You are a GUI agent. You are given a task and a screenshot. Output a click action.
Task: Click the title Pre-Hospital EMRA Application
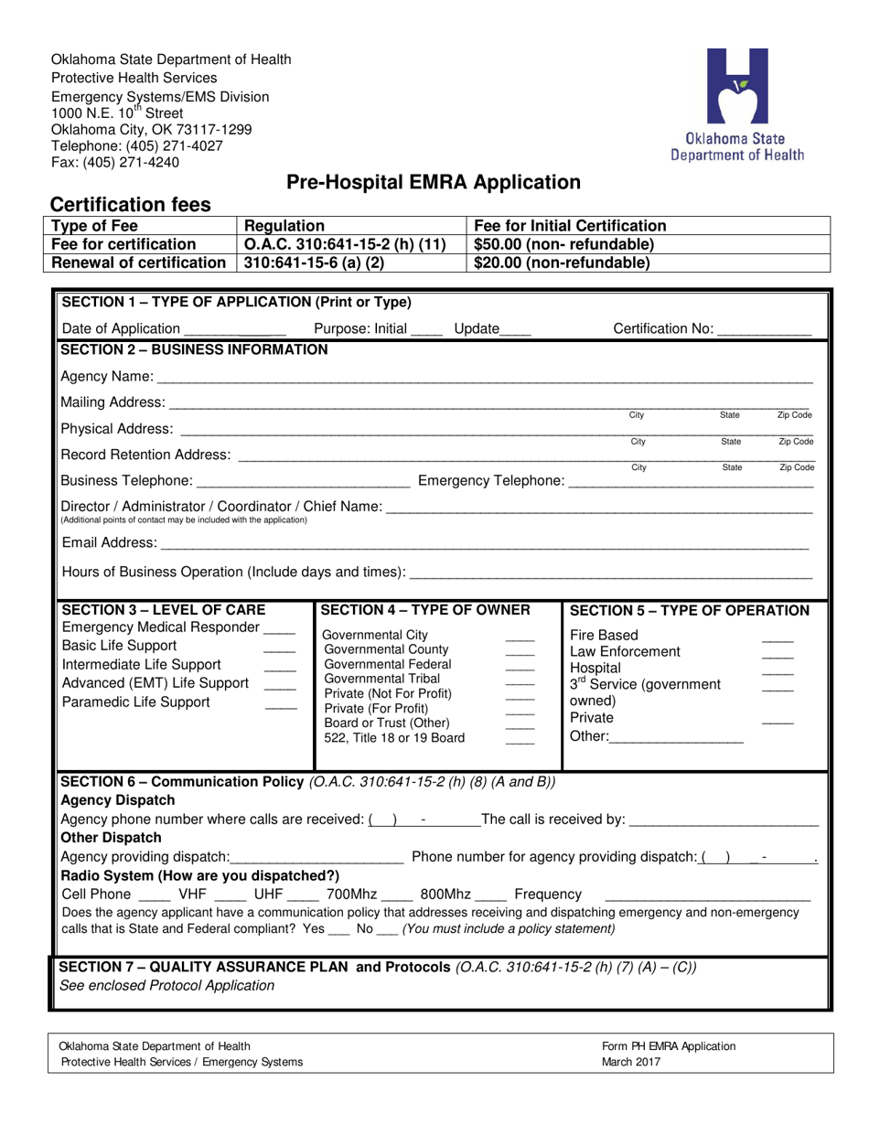pyautogui.click(x=434, y=182)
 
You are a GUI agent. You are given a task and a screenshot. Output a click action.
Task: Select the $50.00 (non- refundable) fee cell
pyautogui.click(x=563, y=244)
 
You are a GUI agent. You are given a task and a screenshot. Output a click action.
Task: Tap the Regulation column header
pyautogui.click(x=284, y=226)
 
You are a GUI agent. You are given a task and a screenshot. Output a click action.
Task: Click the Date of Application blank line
pyautogui.click(x=235, y=330)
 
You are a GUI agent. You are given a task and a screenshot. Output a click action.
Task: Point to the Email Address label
pyautogui.click(x=109, y=543)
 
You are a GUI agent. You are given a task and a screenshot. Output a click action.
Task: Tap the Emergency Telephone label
pyautogui.click(x=490, y=480)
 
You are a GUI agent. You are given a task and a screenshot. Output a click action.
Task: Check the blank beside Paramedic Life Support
pyautogui.click(x=281, y=704)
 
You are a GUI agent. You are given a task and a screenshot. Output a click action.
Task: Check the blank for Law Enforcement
pyautogui.click(x=778, y=653)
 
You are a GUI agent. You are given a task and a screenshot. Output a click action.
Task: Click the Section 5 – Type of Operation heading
pyautogui.click(x=689, y=611)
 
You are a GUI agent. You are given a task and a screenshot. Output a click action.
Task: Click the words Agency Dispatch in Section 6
pyautogui.click(x=116, y=800)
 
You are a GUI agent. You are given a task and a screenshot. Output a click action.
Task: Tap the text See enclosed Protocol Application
pyautogui.click(x=166, y=985)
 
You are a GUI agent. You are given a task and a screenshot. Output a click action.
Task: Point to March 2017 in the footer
pyautogui.click(x=630, y=1062)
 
